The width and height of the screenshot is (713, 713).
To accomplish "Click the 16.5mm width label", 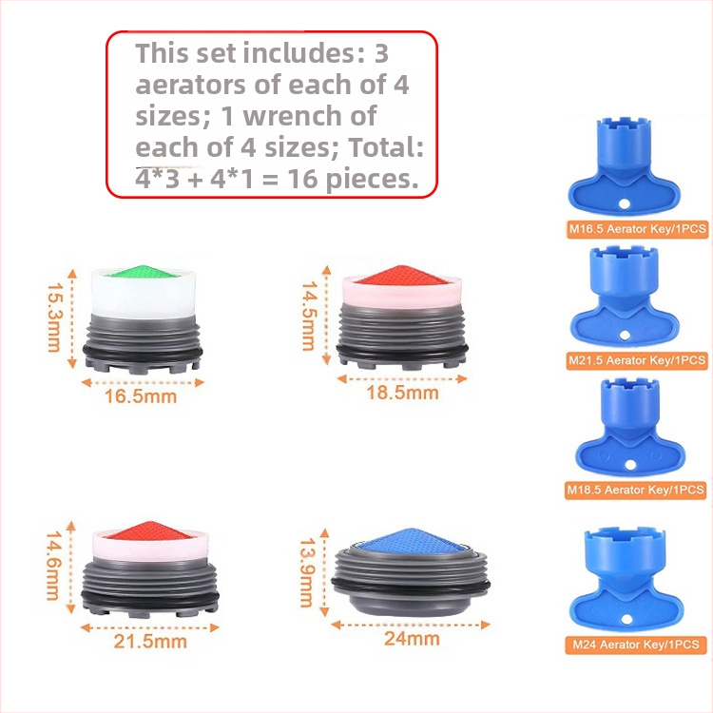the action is click(x=141, y=396).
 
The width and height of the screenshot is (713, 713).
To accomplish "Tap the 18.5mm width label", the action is click(x=402, y=393).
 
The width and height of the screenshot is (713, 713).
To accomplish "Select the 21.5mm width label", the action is click(x=150, y=642).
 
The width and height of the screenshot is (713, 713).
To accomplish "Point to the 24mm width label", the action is click(x=412, y=639).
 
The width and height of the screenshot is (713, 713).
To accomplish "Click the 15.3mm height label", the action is click(x=55, y=318).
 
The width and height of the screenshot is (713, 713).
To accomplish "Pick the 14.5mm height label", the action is click(x=309, y=316).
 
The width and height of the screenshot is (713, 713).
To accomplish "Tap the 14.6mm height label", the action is click(x=53, y=566).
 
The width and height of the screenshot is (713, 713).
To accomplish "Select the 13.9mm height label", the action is click(x=308, y=572).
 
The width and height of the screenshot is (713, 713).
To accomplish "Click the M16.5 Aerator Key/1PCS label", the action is click(x=638, y=229).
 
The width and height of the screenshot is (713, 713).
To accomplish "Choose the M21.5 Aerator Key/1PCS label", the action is click(x=637, y=360).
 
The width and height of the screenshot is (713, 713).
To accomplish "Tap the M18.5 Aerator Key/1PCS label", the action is click(x=635, y=491).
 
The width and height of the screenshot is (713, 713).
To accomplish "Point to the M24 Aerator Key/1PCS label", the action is click(x=636, y=645).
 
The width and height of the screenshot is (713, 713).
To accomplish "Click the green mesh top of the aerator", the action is click(x=143, y=272).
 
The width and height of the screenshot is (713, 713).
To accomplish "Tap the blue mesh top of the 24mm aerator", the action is click(x=412, y=541).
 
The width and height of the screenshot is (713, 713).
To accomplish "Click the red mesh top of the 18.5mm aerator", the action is click(x=401, y=276).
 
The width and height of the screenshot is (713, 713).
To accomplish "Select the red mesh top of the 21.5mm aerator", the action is click(x=150, y=530).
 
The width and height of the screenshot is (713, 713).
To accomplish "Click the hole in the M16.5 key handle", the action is click(x=625, y=203).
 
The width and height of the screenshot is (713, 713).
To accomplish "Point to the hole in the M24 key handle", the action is click(x=627, y=619).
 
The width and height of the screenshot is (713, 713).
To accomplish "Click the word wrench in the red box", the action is click(x=310, y=116).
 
